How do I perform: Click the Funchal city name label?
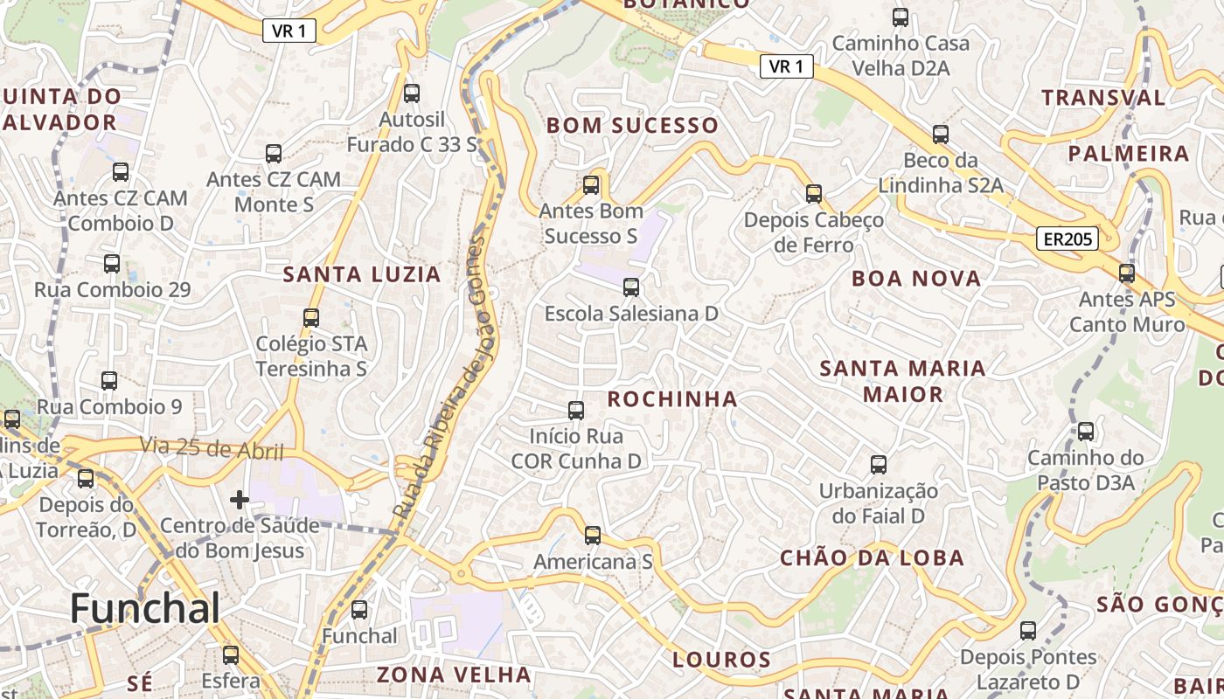[x=145, y=608]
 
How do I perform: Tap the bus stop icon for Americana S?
[x=593, y=536]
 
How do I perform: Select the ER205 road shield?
[x=1068, y=239]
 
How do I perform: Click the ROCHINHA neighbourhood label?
[x=672, y=399]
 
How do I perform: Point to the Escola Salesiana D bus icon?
[x=631, y=287]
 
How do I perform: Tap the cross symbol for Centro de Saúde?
[x=240, y=500]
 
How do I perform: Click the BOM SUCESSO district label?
[x=632, y=126]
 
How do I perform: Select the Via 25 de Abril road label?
[x=212, y=448]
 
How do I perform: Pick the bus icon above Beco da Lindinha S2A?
[x=941, y=135]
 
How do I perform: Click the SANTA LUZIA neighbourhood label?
[x=361, y=274]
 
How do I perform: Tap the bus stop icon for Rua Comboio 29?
[x=112, y=264]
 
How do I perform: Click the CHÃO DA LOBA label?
[x=872, y=557]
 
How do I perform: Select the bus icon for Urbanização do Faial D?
[x=879, y=465]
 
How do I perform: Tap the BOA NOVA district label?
[x=916, y=279]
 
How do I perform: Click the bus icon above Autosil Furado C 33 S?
[x=412, y=93]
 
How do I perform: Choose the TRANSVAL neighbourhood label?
[x=1103, y=97]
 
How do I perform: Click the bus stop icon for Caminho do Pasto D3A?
[x=1086, y=432]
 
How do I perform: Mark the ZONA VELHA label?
[x=454, y=675]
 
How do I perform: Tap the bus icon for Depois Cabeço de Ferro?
[x=814, y=194]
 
